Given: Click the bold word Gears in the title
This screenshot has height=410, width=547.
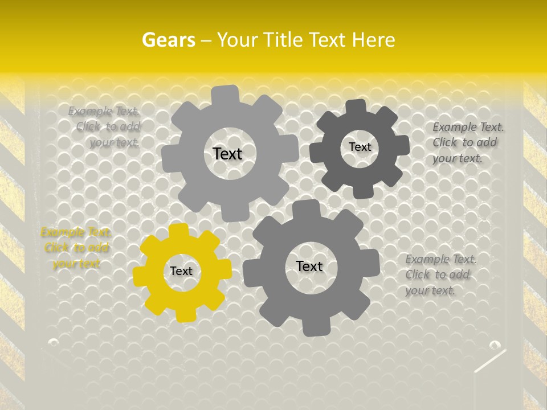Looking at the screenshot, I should [168, 40].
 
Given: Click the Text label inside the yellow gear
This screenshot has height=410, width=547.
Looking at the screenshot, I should [181, 271].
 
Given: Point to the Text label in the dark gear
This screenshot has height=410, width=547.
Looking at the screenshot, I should [360, 147].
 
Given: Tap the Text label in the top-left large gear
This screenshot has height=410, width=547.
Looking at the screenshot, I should [227, 154].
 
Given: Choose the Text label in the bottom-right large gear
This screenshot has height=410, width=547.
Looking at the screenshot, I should [309, 266].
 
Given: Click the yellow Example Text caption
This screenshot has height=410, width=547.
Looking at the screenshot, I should [76, 248].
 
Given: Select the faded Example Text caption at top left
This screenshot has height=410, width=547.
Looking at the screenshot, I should [104, 126].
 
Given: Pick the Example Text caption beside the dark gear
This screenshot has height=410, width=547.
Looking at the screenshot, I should [468, 142].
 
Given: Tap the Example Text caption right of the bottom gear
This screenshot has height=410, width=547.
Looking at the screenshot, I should [441, 274].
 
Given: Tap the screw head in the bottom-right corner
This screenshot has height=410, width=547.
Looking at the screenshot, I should [495, 345].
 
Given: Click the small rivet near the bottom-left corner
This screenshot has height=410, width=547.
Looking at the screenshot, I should [53, 342].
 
